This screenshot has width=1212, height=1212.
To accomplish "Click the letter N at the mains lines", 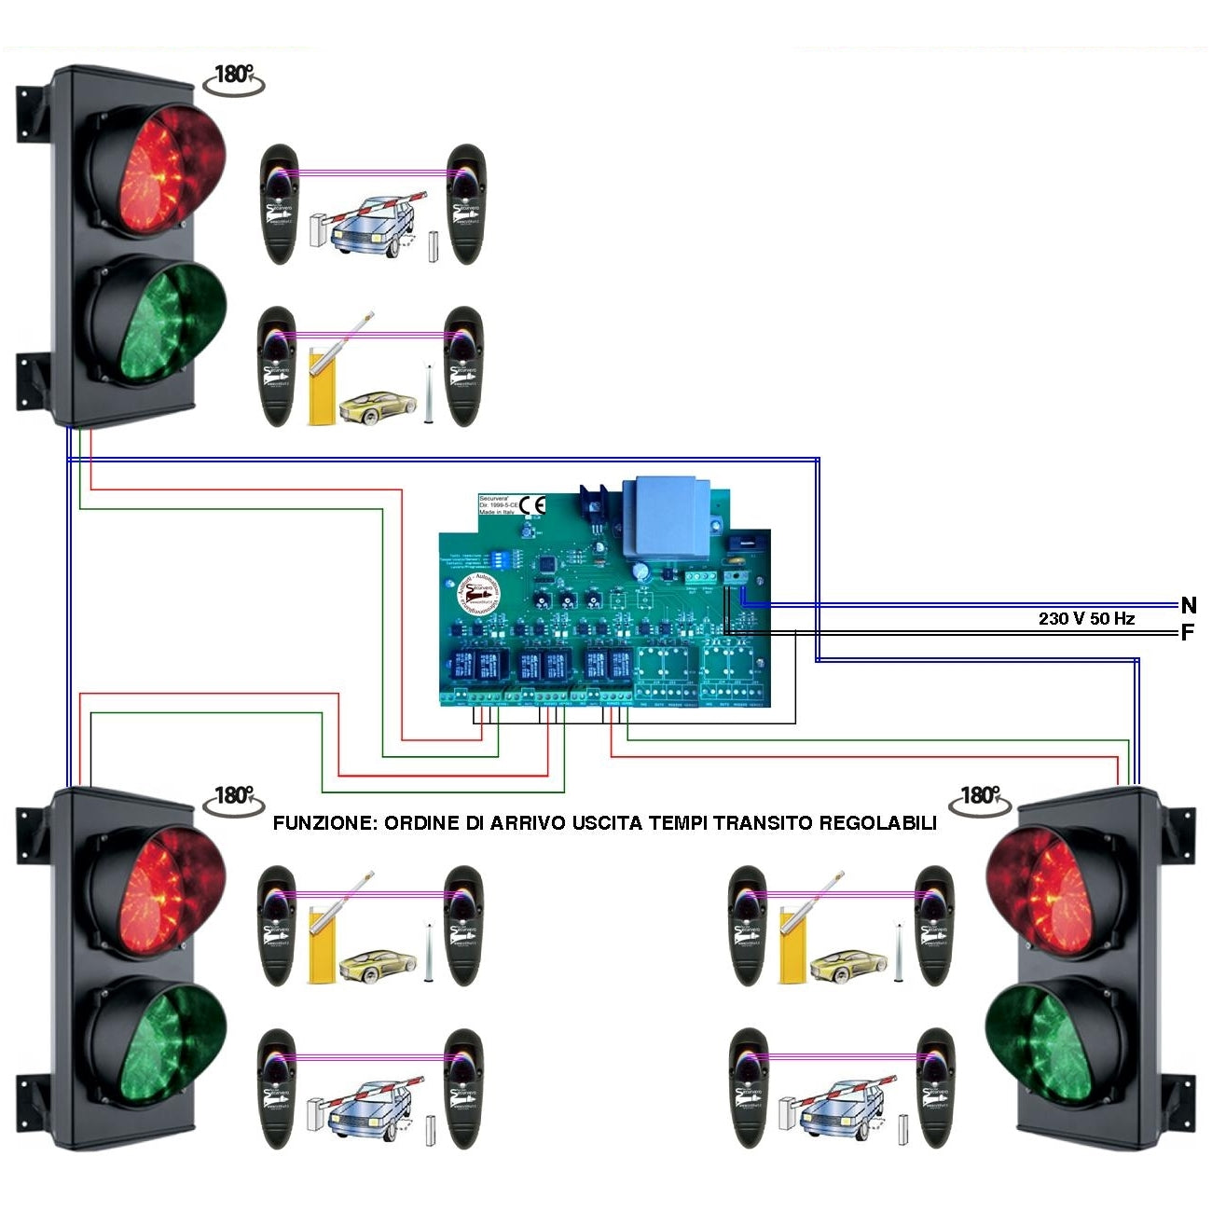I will click(1188, 606).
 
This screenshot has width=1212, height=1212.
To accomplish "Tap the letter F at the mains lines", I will click(1187, 633).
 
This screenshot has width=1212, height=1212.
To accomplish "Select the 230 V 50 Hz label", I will click(1086, 618).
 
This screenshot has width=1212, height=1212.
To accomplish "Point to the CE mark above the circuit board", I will click(532, 505).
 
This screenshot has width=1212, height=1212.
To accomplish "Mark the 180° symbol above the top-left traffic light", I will click(234, 76).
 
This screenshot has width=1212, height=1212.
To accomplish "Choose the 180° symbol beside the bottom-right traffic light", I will click(980, 796).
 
